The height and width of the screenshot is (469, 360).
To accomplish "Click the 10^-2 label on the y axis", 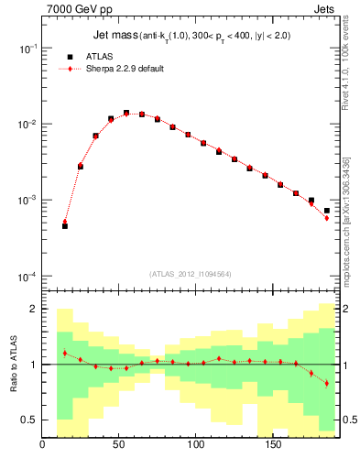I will (26, 124).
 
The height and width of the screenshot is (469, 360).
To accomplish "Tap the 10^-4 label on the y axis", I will (26, 277).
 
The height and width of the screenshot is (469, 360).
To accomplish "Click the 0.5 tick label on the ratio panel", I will (27, 420).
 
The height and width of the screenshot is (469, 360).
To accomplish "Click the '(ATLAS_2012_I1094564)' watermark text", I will (190, 273).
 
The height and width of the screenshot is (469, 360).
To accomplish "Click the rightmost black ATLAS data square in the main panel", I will (326, 211).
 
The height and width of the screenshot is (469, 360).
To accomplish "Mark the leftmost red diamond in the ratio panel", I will (65, 353).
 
